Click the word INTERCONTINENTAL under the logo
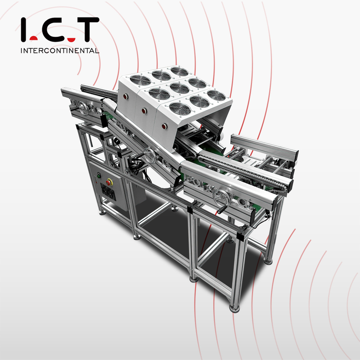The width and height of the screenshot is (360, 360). click(59, 51)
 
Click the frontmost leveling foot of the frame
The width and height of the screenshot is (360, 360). click(234, 309)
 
